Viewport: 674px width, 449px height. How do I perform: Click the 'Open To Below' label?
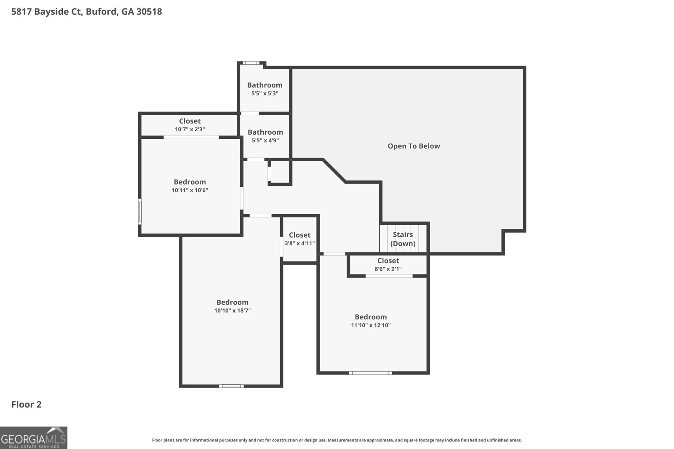click(x=414, y=146)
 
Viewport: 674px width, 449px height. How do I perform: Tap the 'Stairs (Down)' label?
click(x=403, y=239)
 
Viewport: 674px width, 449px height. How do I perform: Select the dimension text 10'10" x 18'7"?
click(x=233, y=311)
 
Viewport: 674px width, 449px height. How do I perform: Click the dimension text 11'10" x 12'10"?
click(x=371, y=325)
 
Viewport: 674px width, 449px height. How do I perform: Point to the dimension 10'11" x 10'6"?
click(x=190, y=190)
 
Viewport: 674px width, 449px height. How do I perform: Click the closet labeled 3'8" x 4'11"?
click(x=300, y=239)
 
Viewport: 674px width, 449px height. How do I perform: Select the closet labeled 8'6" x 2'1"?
click(x=388, y=265)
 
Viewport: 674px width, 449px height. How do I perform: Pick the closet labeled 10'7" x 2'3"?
click(x=190, y=125)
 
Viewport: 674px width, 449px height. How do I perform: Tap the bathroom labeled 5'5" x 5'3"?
click(x=265, y=89)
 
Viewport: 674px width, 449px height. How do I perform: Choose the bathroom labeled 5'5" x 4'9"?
click(x=265, y=136)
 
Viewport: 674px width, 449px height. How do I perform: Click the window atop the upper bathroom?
click(x=251, y=63)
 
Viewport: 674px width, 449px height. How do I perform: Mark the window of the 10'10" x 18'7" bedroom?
click(x=231, y=386)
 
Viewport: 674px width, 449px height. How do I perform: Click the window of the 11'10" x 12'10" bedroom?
click(x=371, y=373)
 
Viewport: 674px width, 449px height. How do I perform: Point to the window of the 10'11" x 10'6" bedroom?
click(x=140, y=211)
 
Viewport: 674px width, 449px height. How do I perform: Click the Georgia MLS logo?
click(x=34, y=438)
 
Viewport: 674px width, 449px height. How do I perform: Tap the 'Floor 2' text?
click(x=27, y=404)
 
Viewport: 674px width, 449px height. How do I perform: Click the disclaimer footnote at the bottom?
click(x=337, y=440)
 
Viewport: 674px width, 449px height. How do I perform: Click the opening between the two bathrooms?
click(x=250, y=113)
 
